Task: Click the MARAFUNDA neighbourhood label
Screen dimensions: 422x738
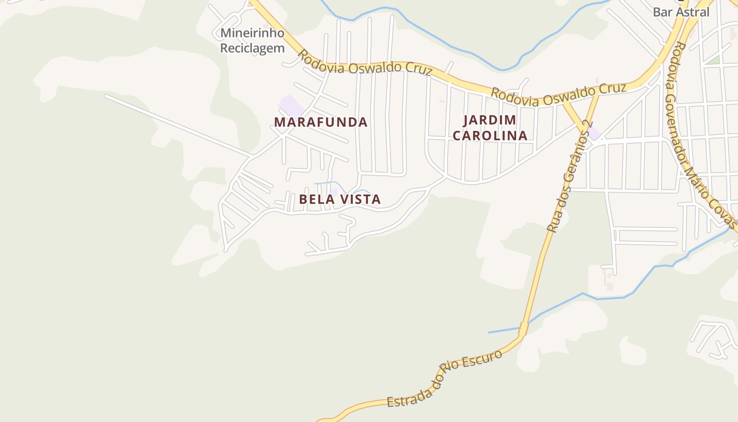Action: click(321, 122)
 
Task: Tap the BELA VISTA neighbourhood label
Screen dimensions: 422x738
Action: click(339, 199)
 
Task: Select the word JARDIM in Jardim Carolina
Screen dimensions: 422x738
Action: click(490, 120)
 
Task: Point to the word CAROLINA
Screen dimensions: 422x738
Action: click(490, 136)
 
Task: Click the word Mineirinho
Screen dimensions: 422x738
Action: click(252, 33)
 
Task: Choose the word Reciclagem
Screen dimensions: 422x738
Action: click(252, 48)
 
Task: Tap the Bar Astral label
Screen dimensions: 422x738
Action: click(681, 12)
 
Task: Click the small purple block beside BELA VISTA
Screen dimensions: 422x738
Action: click(333, 192)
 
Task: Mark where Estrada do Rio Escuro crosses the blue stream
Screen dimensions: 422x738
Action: click(523, 329)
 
